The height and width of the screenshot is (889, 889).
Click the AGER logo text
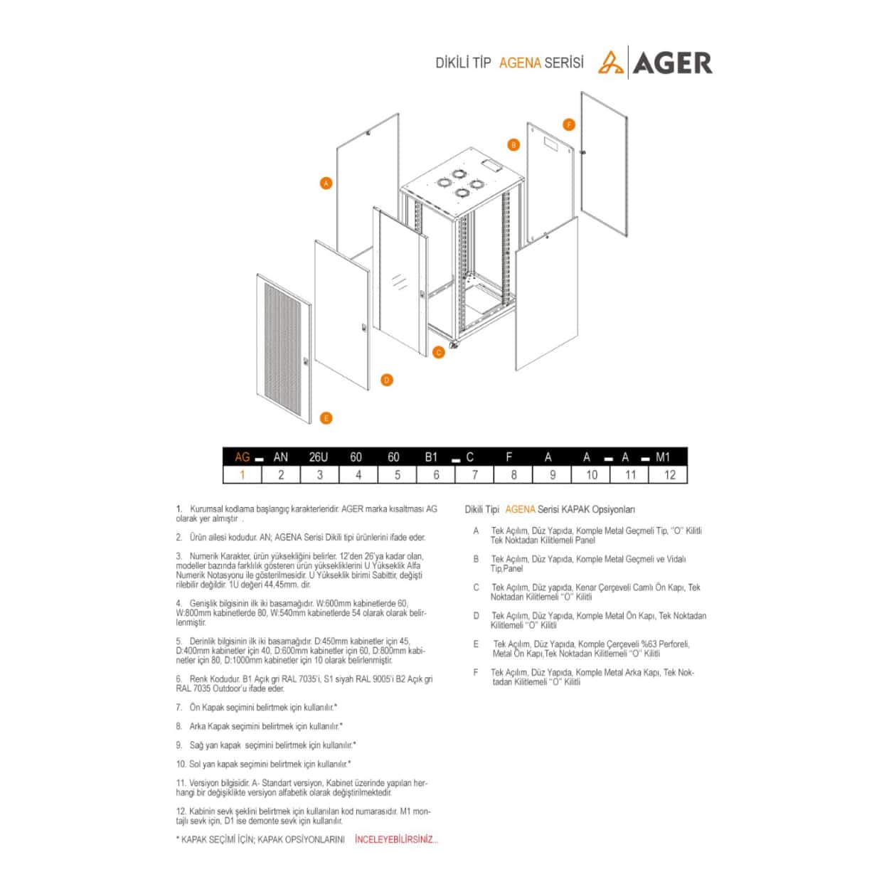[671, 63]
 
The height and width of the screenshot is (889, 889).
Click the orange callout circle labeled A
[326, 183]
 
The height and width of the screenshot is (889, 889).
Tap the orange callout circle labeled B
[513, 145]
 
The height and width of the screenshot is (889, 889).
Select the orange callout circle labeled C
[439, 352]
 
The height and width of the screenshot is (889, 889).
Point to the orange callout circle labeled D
[387, 380]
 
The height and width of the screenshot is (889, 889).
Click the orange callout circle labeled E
[326, 418]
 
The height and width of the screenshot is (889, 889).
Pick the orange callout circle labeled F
[569, 125]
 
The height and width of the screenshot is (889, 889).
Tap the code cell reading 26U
[319, 457]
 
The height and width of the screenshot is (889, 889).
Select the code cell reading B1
[431, 457]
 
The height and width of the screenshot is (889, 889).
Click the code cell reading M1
[663, 457]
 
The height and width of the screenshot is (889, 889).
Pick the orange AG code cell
[243, 457]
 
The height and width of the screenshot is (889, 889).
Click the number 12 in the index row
[669, 475]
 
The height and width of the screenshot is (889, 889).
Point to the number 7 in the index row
[475, 475]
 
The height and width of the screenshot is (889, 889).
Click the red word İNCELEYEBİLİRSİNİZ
[396, 840]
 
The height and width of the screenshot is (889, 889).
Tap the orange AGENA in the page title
[520, 63]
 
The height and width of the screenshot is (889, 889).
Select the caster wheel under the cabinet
[453, 345]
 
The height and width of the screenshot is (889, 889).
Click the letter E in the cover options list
[476, 644]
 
